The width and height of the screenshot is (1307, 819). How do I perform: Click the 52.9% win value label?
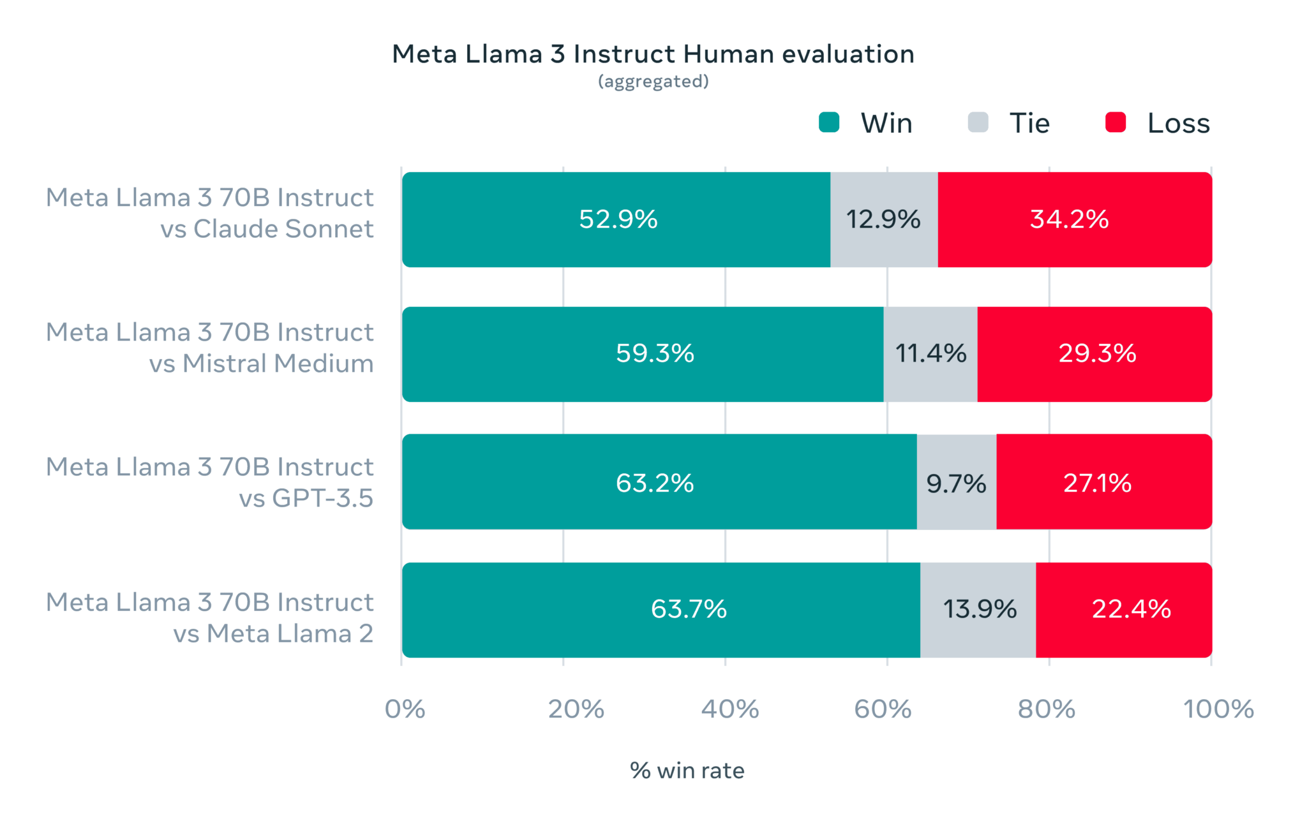(618, 219)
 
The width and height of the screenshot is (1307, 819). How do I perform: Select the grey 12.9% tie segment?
(883, 219)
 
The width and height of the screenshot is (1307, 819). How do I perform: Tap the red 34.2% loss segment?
(1070, 219)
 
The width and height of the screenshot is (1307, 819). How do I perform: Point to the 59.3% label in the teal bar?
(655, 353)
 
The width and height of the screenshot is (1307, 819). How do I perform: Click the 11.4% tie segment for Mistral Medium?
(930, 353)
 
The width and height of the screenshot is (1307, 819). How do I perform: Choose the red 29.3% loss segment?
(1097, 353)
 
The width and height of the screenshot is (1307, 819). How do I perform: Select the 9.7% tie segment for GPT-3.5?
(956, 483)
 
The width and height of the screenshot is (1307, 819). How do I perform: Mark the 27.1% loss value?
(1097, 483)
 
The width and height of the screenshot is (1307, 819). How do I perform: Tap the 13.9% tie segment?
(980, 609)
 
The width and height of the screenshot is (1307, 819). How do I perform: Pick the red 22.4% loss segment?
(1131, 609)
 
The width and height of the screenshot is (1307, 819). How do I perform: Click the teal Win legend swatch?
(828, 122)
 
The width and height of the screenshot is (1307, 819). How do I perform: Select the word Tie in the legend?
(1029, 123)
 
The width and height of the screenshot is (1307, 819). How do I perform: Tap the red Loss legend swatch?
(1115, 122)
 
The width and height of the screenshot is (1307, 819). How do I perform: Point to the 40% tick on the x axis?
(729, 709)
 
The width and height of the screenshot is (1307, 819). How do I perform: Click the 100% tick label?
(1218, 709)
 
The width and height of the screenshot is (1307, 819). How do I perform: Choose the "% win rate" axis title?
(687, 771)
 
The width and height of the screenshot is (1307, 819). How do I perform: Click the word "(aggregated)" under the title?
(653, 82)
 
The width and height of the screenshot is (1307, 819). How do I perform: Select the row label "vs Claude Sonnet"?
(267, 229)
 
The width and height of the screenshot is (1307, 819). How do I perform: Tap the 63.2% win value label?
(655, 483)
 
